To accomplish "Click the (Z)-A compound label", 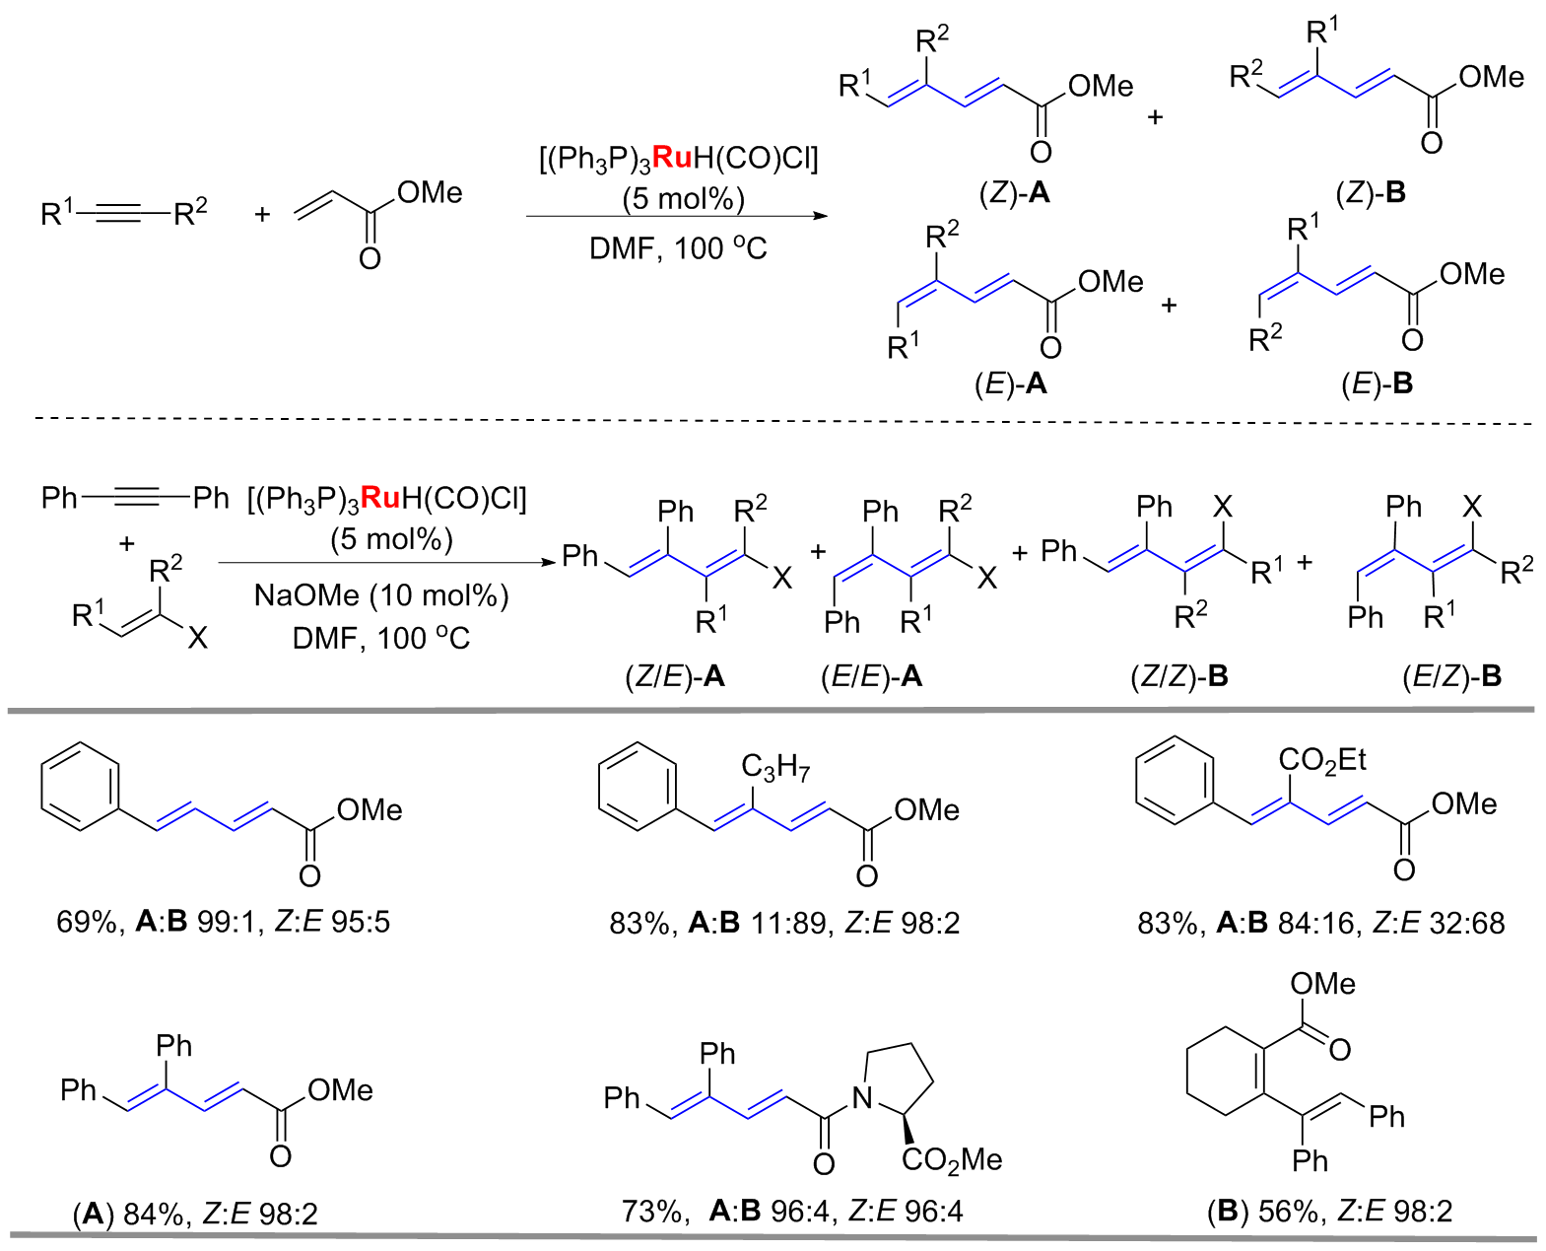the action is click(x=1015, y=194).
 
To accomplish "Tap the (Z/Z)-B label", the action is click(x=1179, y=676).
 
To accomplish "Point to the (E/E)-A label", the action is click(x=872, y=676).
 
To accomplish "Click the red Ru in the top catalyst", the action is click(x=672, y=158).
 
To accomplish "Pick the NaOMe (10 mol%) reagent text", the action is click(x=381, y=595).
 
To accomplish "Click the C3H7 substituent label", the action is click(x=775, y=767).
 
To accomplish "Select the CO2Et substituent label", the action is click(x=1322, y=760).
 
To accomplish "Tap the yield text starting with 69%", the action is click(x=224, y=922).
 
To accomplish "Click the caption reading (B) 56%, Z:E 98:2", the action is click(x=1330, y=1212).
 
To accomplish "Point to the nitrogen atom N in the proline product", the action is click(x=861, y=1098).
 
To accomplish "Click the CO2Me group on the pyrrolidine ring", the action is click(x=952, y=1160).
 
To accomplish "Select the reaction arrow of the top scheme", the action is click(x=677, y=216).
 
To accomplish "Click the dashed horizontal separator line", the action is click(x=782, y=420).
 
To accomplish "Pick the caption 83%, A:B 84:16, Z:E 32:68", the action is click(x=1321, y=923).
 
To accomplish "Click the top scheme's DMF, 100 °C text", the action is click(x=678, y=249).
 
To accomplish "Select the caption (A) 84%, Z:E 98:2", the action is click(x=195, y=1214).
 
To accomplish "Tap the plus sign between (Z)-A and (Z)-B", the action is click(x=1155, y=116).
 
